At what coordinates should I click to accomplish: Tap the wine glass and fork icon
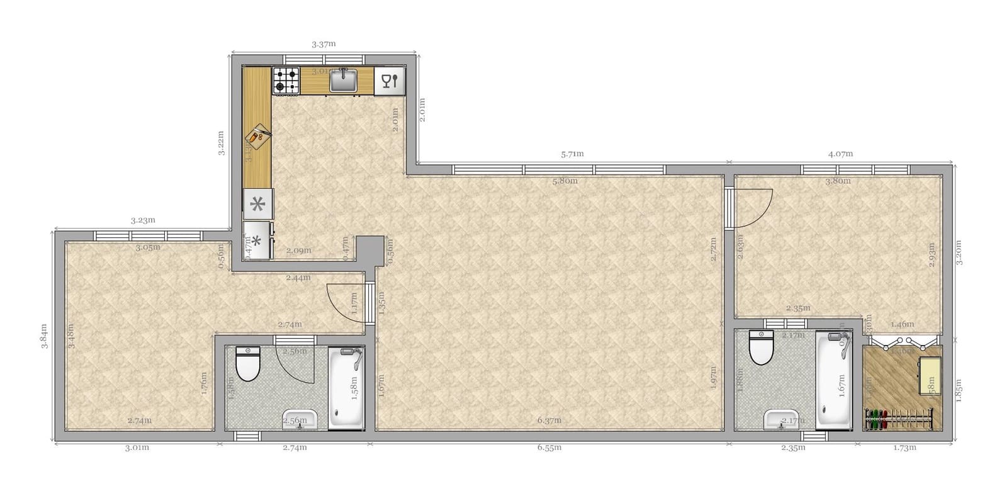390,81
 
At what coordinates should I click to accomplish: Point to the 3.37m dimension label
323,44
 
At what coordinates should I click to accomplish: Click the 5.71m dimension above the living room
572,154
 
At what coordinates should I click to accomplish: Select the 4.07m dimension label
840,154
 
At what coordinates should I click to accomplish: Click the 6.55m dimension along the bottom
549,448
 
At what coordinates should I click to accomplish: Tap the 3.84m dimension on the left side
43,338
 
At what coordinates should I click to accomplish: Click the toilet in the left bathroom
247,364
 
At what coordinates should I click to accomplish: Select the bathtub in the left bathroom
346,389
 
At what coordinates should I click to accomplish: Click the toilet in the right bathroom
762,348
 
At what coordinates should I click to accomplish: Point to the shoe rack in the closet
899,419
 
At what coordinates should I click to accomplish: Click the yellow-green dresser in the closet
930,376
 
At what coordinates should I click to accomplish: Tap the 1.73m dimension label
904,448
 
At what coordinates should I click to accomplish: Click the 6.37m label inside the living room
549,420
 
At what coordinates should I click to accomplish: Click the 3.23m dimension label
143,220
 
